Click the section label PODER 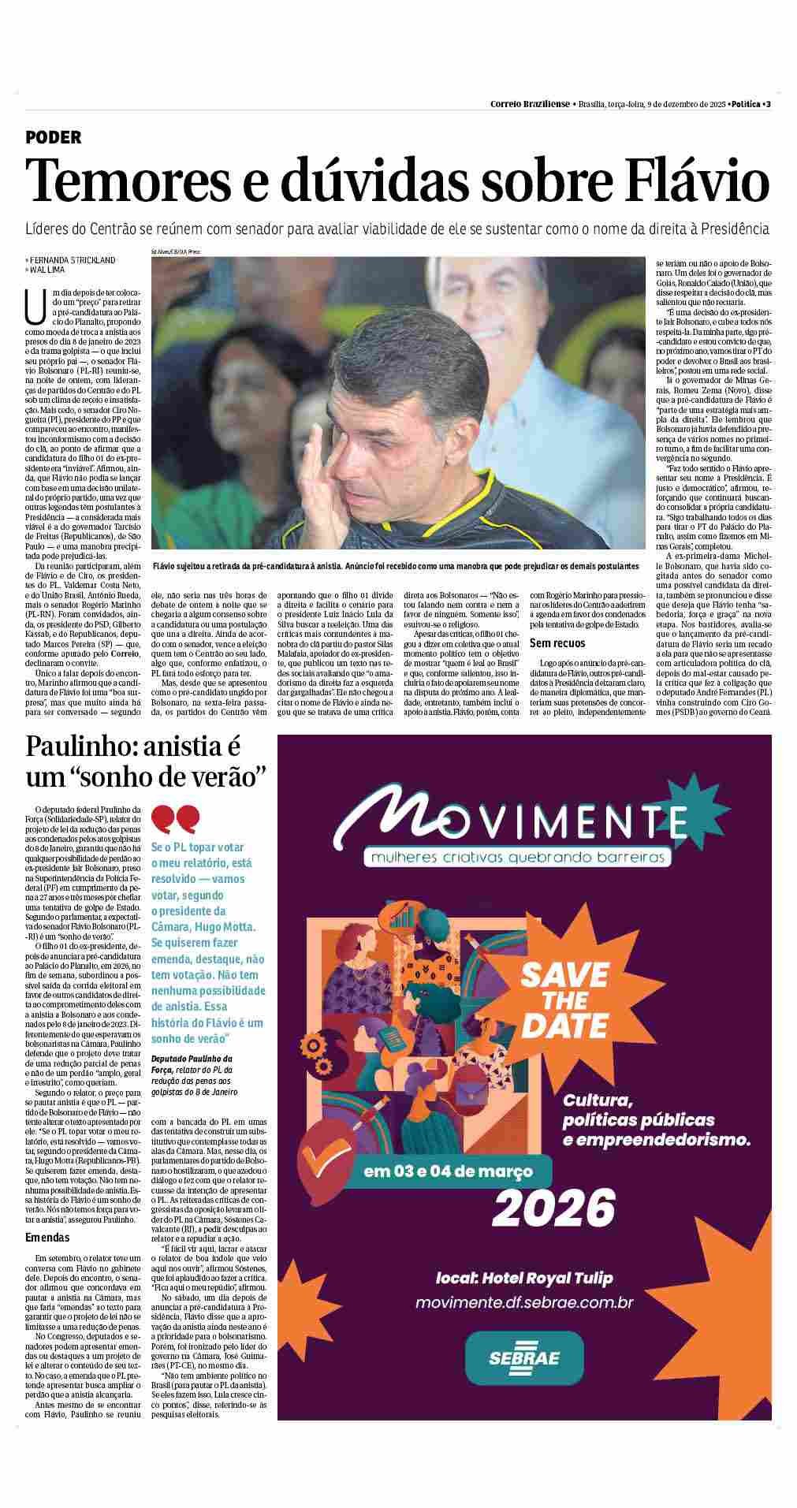pos(54,137)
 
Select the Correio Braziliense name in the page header pos(530,104)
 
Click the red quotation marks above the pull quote pos(176,820)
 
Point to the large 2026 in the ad pos(553,1206)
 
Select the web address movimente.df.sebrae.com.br pos(524,1301)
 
